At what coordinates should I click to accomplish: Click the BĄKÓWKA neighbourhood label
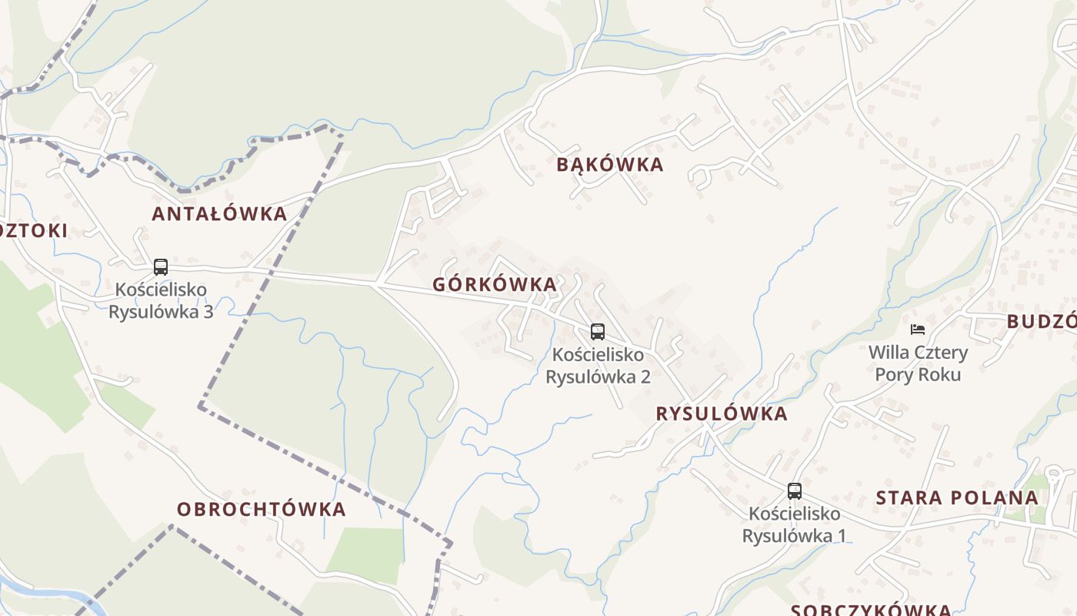(609, 165)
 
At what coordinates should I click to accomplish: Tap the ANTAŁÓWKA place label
(219, 214)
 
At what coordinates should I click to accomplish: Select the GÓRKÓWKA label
(495, 284)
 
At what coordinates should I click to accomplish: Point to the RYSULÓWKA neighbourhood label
(722, 413)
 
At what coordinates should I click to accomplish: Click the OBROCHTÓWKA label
(262, 509)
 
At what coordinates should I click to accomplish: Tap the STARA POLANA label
(957, 497)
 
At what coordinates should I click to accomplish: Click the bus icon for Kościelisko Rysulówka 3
(161, 267)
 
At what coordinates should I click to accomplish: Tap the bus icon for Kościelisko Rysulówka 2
(598, 332)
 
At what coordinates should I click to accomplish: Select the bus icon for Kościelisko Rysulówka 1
(795, 490)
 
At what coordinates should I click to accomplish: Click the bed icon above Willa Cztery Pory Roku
(917, 330)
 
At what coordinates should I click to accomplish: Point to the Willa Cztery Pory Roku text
(918, 363)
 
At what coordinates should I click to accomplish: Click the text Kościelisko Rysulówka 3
(161, 300)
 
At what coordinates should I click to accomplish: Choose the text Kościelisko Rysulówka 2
(598, 366)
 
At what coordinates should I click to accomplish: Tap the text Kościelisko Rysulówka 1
(795, 524)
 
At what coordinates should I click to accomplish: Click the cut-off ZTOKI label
(34, 230)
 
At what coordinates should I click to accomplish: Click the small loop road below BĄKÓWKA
(700, 177)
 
